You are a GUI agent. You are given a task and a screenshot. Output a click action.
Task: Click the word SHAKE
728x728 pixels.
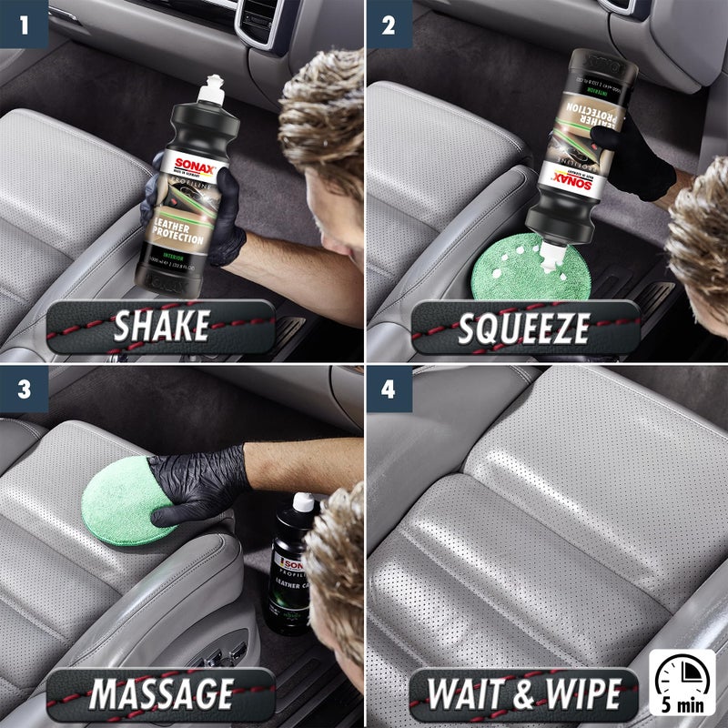(x=161, y=326)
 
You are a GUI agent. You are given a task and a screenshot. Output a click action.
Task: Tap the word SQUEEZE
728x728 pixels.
(x=525, y=326)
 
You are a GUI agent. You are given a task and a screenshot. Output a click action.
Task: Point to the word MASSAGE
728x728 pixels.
(x=161, y=694)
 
